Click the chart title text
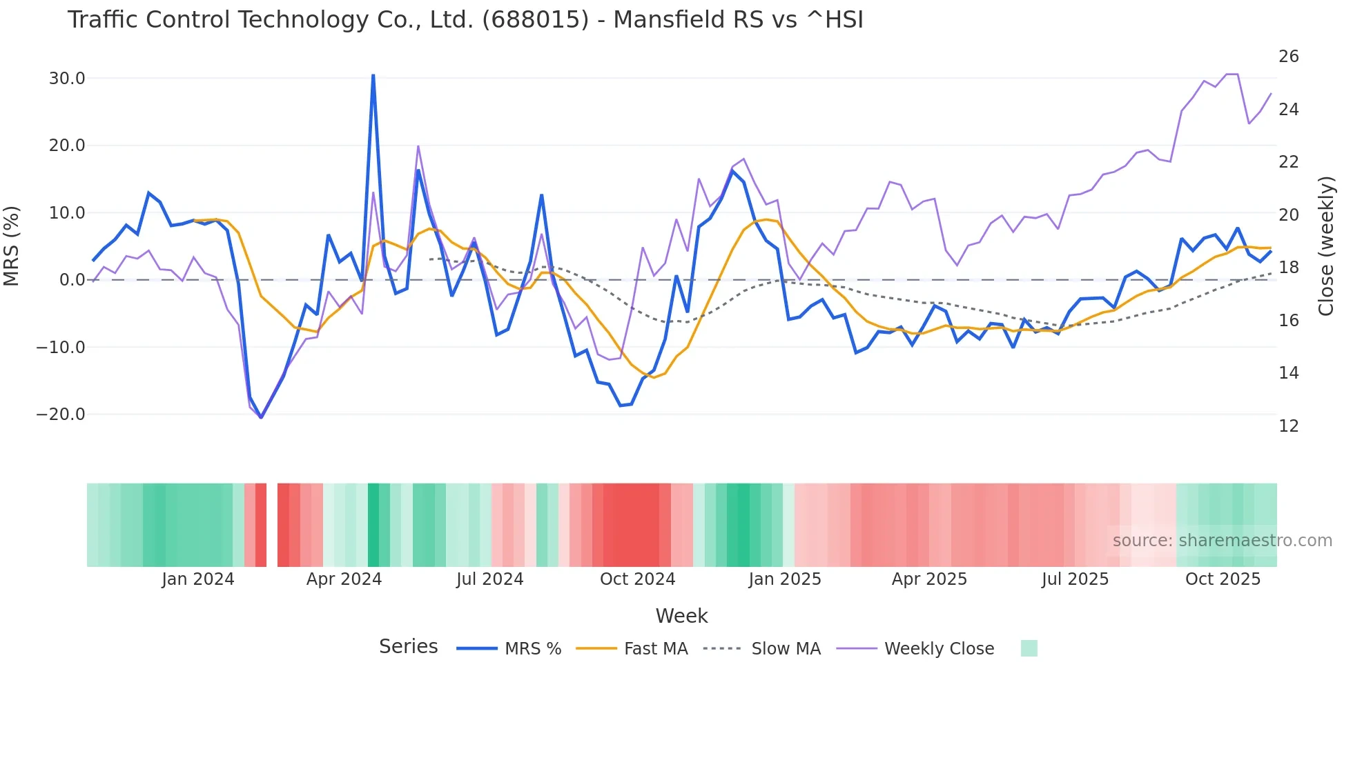tap(465, 20)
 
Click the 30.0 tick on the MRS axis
tap(67, 79)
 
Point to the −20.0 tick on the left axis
tap(61, 414)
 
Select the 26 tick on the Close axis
tap(1288, 57)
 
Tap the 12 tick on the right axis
tap(1288, 426)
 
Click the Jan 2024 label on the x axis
tap(198, 579)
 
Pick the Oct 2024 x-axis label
tap(637, 579)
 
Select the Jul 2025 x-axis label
tap(1075, 579)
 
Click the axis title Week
tap(681, 616)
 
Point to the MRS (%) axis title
tap(12, 246)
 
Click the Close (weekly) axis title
tap(1325, 246)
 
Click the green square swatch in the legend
tap(1029, 648)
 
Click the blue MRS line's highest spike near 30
tap(373, 76)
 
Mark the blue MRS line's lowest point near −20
tap(261, 417)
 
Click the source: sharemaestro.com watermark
tap(1222, 541)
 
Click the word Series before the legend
tap(408, 647)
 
